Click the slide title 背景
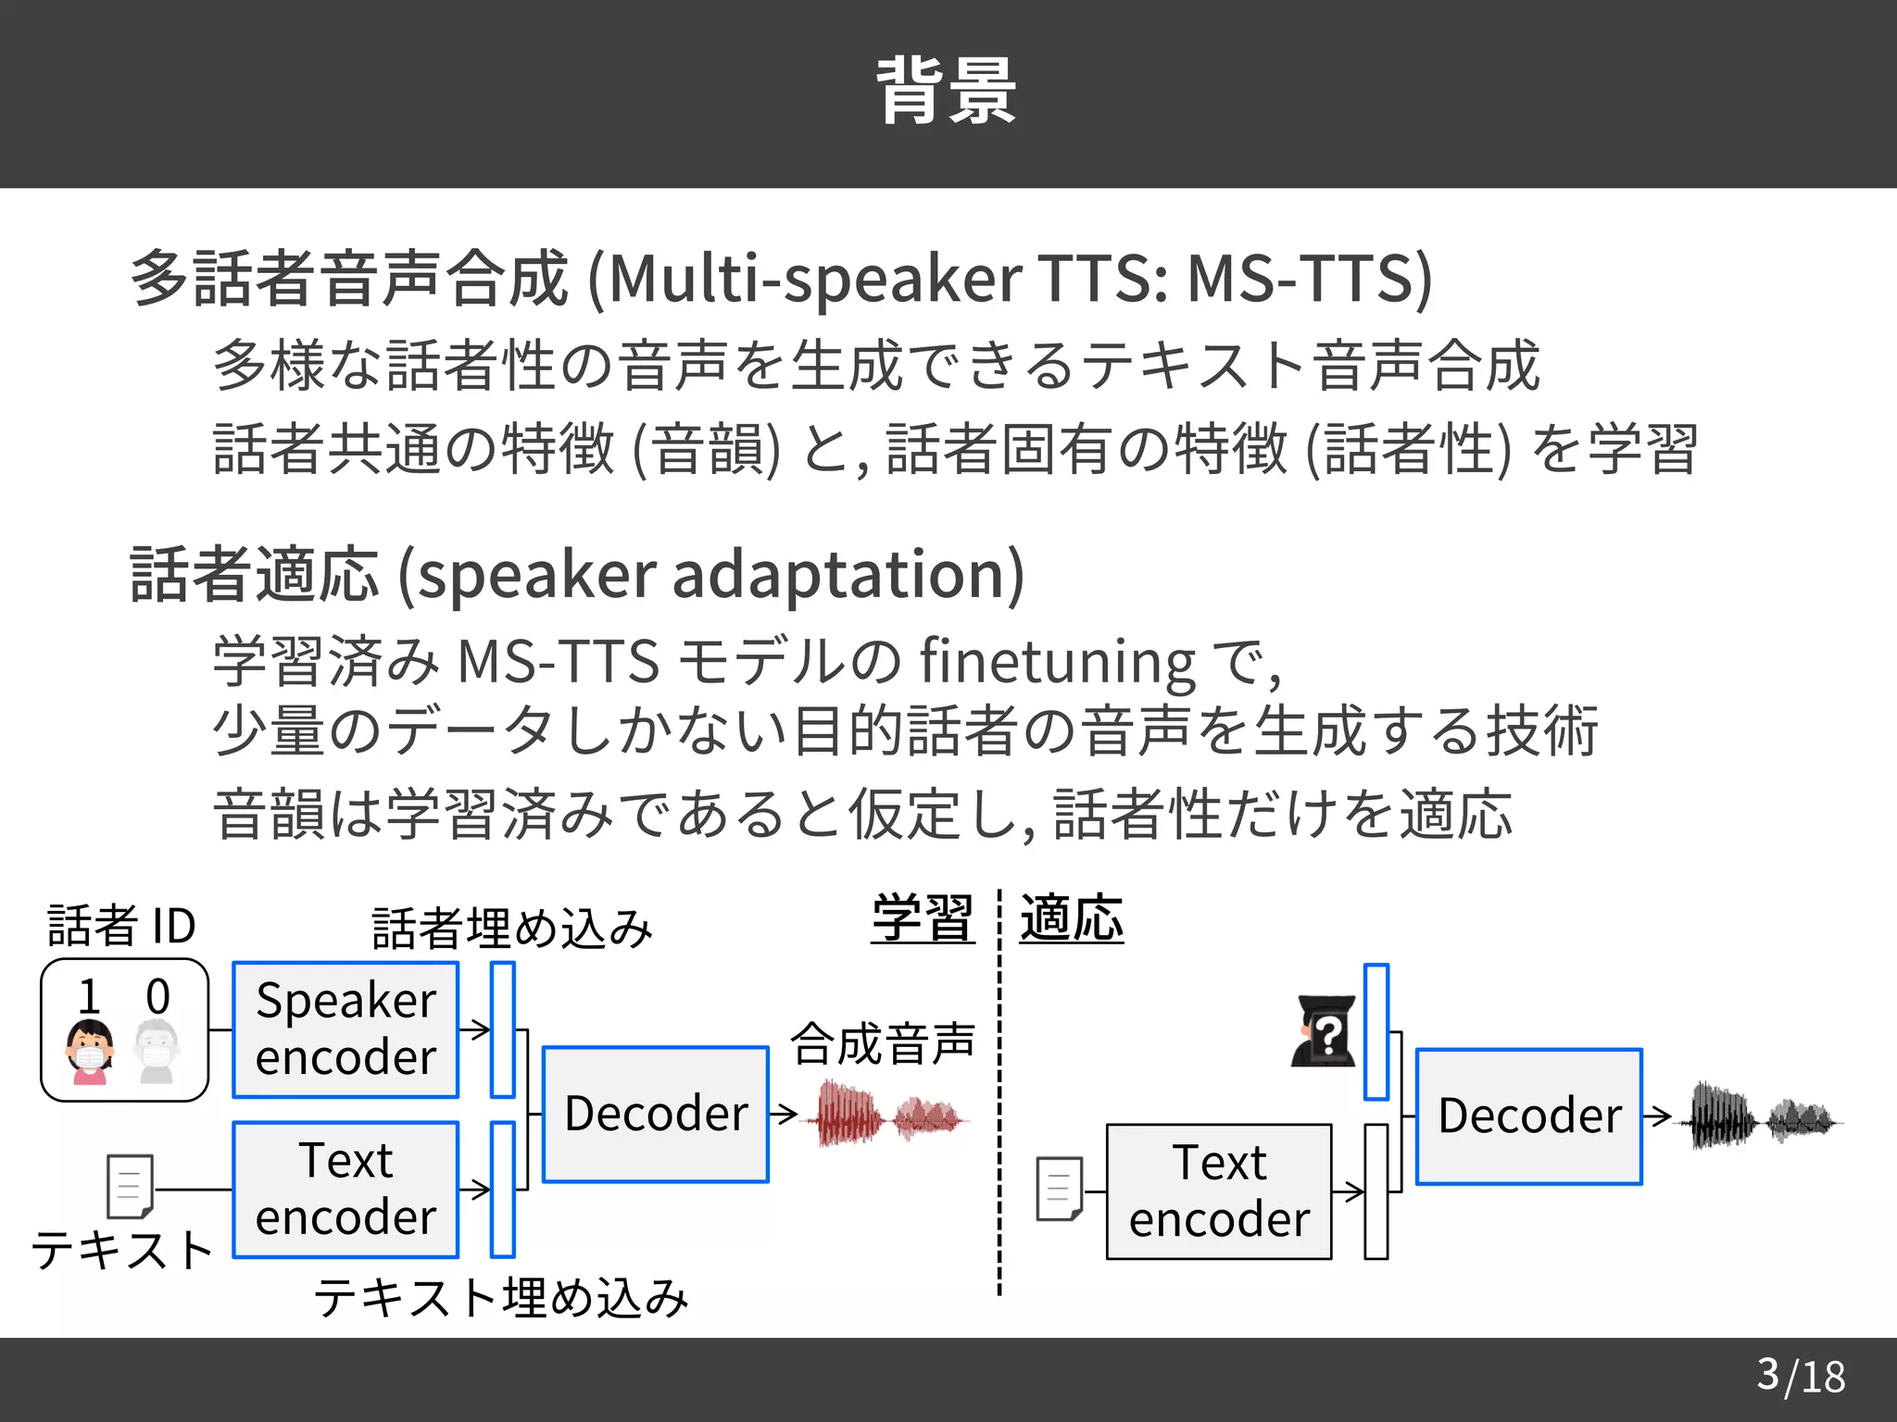pyautogui.click(x=947, y=91)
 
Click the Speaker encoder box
pyautogui.click(x=345, y=1029)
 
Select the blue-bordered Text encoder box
pyautogui.click(x=345, y=1190)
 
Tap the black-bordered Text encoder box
pyautogui.click(x=1219, y=1191)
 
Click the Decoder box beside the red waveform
pyautogui.click(x=656, y=1114)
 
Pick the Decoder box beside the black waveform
pyautogui.click(x=1529, y=1116)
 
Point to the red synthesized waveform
pyautogui.click(x=889, y=1116)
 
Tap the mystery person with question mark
pyautogui.click(x=1325, y=1031)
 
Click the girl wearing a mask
pyautogui.click(x=90, y=1052)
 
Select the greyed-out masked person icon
pyautogui.click(x=157, y=1052)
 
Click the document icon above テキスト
pyautogui.click(x=130, y=1186)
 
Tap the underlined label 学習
pyautogui.click(x=923, y=918)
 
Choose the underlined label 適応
pyautogui.click(x=1072, y=918)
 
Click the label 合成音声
pyautogui.click(x=883, y=1043)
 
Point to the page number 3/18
pyautogui.click(x=1801, y=1376)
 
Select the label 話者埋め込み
pyautogui.click(x=512, y=929)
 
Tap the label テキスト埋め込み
pyautogui.click(x=501, y=1297)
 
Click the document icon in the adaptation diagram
pyautogui.click(x=1059, y=1189)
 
